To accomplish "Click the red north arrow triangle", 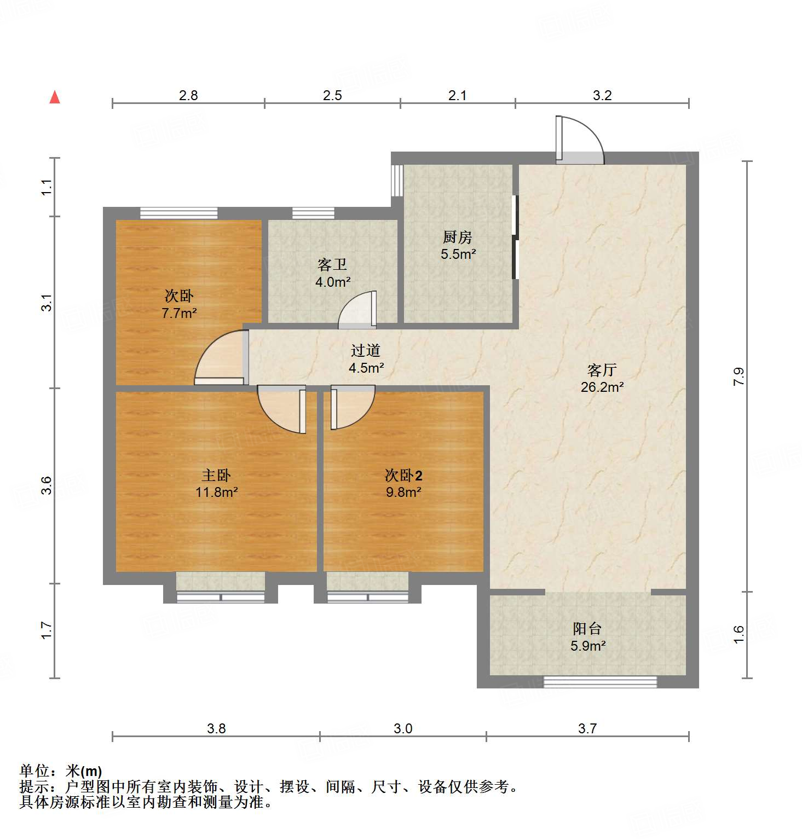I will pyautogui.click(x=55, y=97).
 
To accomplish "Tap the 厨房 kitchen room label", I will pyautogui.click(x=457, y=237).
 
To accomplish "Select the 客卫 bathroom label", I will pyautogui.click(x=332, y=265).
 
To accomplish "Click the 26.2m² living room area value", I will pyautogui.click(x=602, y=387).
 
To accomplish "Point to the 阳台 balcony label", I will pyautogui.click(x=587, y=629).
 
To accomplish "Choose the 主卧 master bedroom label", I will pyautogui.click(x=216, y=475).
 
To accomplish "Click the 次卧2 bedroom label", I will pyautogui.click(x=403, y=475).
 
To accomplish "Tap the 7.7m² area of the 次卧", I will pyautogui.click(x=179, y=314).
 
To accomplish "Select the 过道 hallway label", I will pyautogui.click(x=366, y=350).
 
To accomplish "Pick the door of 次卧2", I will pyautogui.click(x=350, y=406).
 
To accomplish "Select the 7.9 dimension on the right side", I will pyautogui.click(x=739, y=376).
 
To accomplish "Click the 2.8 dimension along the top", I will pyautogui.click(x=188, y=95).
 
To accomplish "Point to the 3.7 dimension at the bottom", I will pyautogui.click(x=587, y=728).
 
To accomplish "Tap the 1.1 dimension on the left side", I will pyautogui.click(x=47, y=187).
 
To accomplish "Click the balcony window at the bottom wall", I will pyautogui.click(x=600, y=682).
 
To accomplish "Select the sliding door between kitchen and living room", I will pyautogui.click(x=515, y=237).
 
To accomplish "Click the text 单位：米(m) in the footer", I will pyautogui.click(x=61, y=771).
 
